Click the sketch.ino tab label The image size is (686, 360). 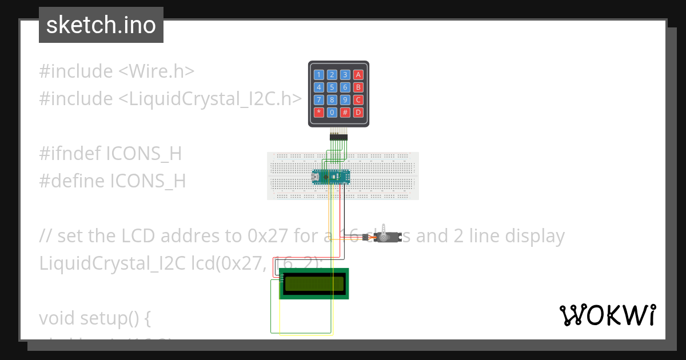tap(101, 25)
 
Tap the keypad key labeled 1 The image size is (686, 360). tap(318, 75)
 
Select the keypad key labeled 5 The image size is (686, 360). tap(332, 87)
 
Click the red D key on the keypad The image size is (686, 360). tap(358, 113)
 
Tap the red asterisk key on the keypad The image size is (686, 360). tap(318, 113)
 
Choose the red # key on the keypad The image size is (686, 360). tap(345, 113)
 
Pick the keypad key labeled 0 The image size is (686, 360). tap(332, 113)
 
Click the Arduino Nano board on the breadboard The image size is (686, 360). tap(330, 177)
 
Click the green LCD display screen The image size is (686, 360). tap(314, 283)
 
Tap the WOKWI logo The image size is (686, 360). tap(607, 315)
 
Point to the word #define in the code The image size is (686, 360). tap(72, 181)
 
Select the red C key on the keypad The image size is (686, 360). tap(358, 100)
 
